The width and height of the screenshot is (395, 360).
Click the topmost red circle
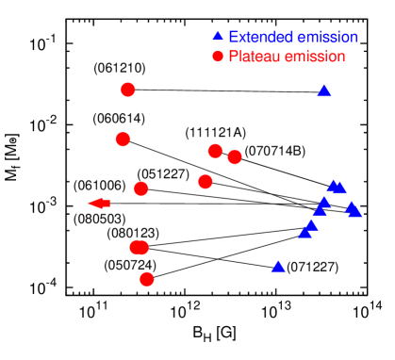tap(128, 90)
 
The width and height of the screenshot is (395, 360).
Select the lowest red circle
tap(146, 279)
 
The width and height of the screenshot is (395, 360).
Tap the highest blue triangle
tap(324, 91)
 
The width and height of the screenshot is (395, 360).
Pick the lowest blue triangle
tap(278, 267)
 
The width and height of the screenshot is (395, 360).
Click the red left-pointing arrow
tap(98, 204)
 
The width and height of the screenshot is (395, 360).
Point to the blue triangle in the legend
tap(218, 38)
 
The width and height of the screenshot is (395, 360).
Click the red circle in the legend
tap(218, 57)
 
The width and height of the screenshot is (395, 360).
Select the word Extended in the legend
tap(261, 38)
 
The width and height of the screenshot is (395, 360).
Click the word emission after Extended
tap(327, 38)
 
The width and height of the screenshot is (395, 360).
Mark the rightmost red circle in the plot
tap(235, 156)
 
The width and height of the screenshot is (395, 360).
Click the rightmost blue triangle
tap(355, 212)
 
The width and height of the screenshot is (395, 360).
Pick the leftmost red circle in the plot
tap(123, 139)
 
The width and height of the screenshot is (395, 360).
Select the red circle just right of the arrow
tap(141, 188)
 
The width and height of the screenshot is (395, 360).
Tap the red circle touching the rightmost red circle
tap(215, 151)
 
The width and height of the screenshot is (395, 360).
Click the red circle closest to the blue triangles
tap(235, 156)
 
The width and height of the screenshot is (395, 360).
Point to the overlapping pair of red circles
tap(140, 247)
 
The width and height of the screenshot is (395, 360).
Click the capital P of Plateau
tap(233, 57)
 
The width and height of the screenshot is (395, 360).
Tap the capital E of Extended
tap(233, 38)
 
